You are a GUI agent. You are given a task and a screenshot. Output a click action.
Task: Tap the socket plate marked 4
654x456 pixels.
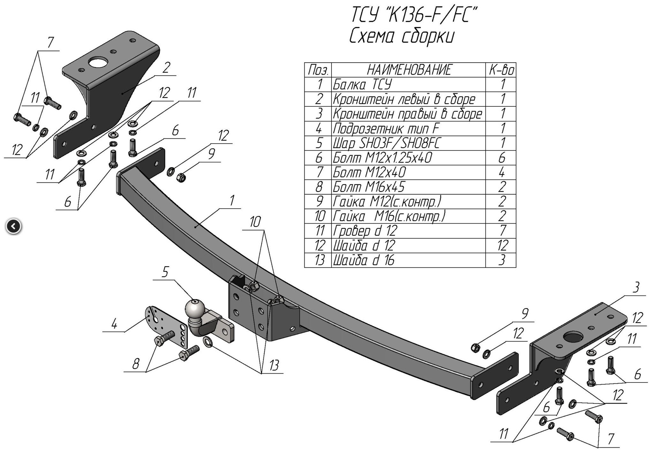click(166, 326)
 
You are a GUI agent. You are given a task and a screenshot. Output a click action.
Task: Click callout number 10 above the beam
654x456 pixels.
click(255, 221)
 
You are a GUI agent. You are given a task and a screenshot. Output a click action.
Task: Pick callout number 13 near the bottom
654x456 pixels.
click(274, 365)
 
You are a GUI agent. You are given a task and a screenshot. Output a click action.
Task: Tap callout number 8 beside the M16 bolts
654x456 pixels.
click(136, 364)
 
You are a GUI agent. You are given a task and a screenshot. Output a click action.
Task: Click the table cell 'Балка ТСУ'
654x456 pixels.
click(362, 85)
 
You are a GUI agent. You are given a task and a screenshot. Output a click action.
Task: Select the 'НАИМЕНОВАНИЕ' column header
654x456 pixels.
click(410, 70)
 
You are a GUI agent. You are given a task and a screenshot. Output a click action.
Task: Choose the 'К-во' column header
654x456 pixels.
click(501, 70)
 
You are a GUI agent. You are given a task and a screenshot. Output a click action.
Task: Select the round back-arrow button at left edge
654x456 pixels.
click(13, 227)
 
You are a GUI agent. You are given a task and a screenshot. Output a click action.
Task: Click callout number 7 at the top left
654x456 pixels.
click(50, 43)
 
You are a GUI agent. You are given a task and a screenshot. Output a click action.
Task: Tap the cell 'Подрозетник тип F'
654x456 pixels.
click(386, 128)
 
